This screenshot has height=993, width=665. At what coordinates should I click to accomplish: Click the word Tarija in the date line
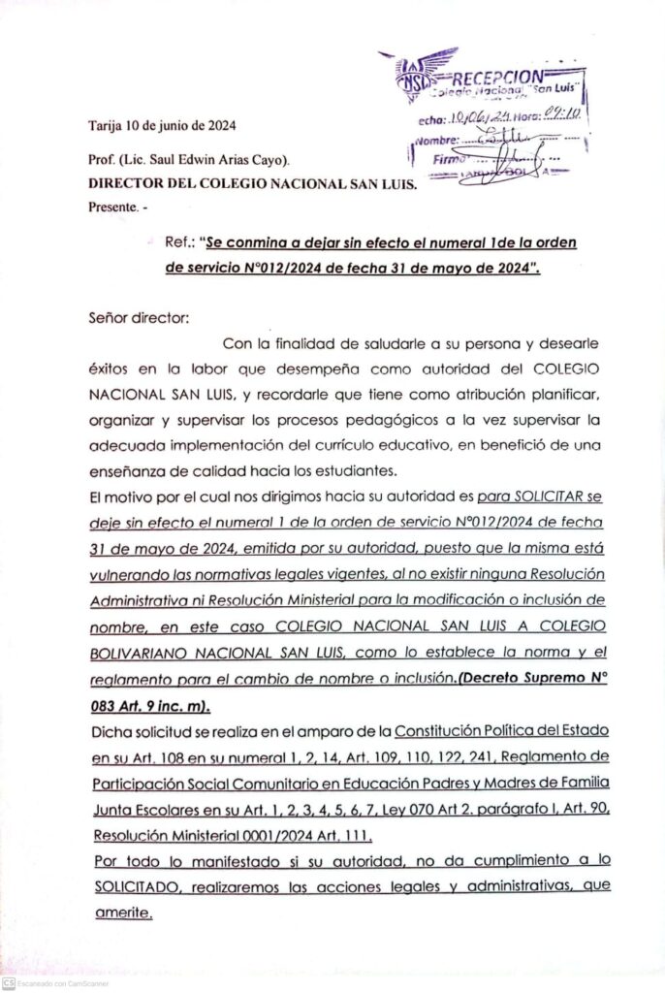coord(107,125)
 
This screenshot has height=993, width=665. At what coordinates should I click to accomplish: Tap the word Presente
coord(112,207)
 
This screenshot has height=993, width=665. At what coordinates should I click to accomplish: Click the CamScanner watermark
coord(58,982)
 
